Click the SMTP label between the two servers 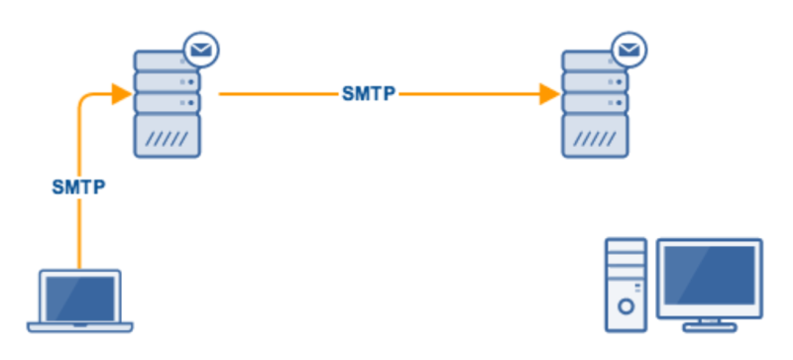[369, 95]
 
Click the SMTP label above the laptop [78, 186]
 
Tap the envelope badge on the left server [201, 47]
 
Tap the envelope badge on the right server [626, 47]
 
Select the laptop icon [79, 300]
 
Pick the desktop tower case [625, 283]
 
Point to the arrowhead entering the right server [549, 95]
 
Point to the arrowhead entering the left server [123, 95]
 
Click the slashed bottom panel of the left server [167, 136]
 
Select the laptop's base [79, 324]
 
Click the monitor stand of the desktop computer [711, 322]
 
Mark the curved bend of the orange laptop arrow [83, 101]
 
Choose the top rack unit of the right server [592, 60]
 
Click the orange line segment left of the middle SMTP [278, 95]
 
